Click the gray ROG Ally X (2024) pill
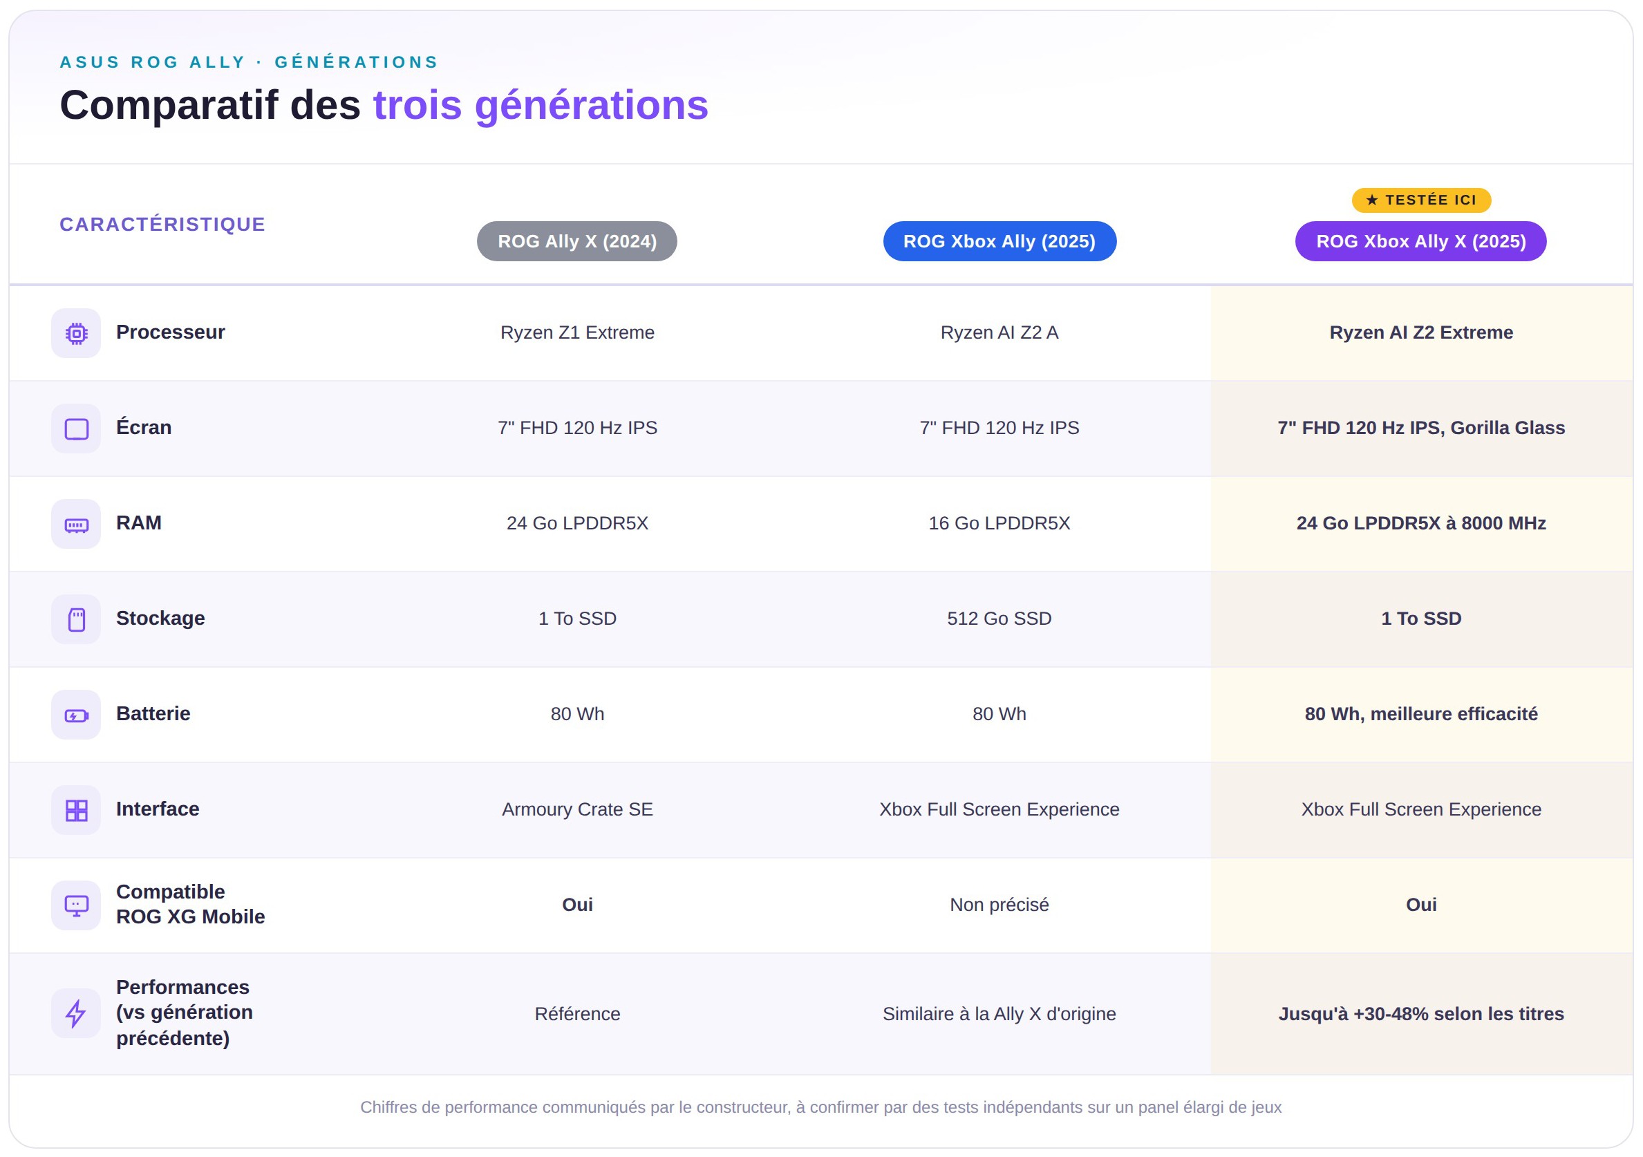click(576, 241)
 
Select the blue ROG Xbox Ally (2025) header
click(999, 241)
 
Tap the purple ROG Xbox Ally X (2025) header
click(1420, 241)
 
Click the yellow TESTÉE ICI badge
click(1421, 200)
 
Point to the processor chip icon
click(77, 333)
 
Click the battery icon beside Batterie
click(77, 715)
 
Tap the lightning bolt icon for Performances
click(76, 1013)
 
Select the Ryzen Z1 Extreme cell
click(577, 332)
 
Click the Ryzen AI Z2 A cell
click(999, 332)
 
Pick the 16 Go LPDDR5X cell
click(999, 523)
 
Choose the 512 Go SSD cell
click(999, 618)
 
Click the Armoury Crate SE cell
click(577, 809)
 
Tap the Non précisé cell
click(999, 905)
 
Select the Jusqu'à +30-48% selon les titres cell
click(1421, 1014)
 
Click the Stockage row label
click(160, 618)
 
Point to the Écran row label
click(144, 427)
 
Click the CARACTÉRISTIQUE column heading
click(162, 224)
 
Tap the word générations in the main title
click(591, 106)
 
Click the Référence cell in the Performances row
click(577, 1014)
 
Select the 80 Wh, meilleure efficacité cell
click(1421, 714)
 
